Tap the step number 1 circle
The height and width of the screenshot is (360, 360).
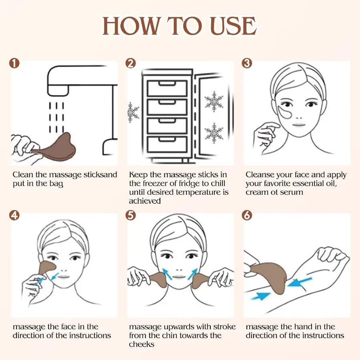tap(15, 63)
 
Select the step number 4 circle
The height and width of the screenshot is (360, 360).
tap(15, 215)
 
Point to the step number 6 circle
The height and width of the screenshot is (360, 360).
tap(247, 215)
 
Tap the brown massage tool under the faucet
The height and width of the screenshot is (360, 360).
tap(56, 146)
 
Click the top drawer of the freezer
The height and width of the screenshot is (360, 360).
tap(167, 88)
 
